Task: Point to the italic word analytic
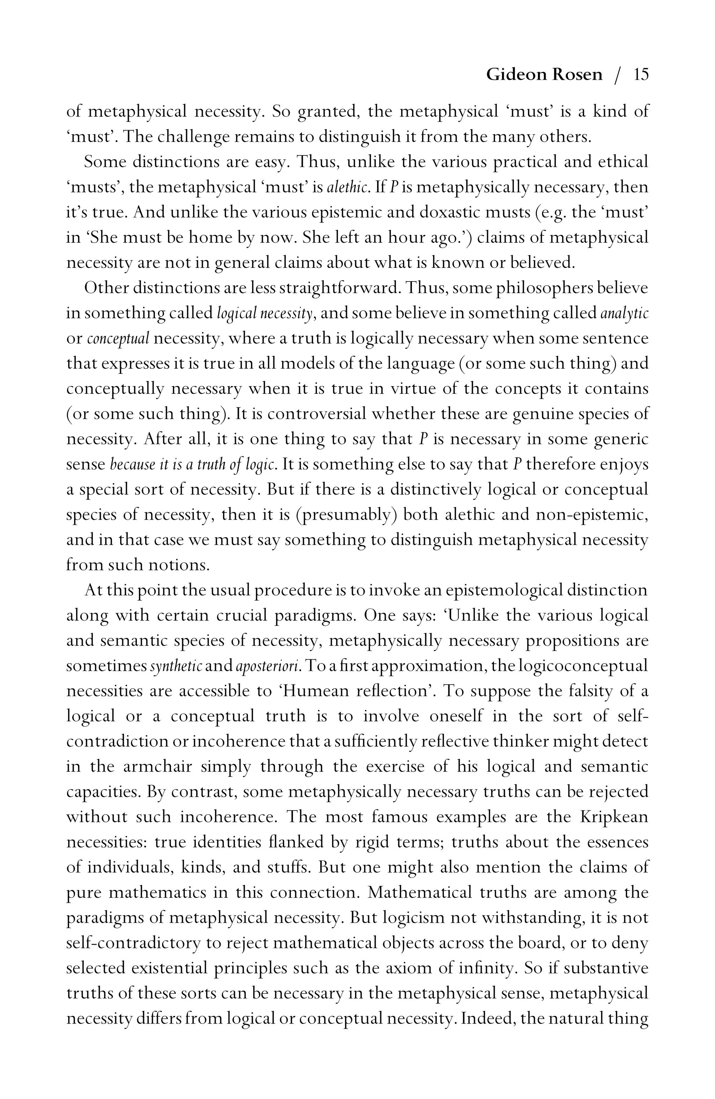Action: pyautogui.click(x=625, y=314)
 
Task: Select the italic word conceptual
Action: pyautogui.click(x=118, y=339)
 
